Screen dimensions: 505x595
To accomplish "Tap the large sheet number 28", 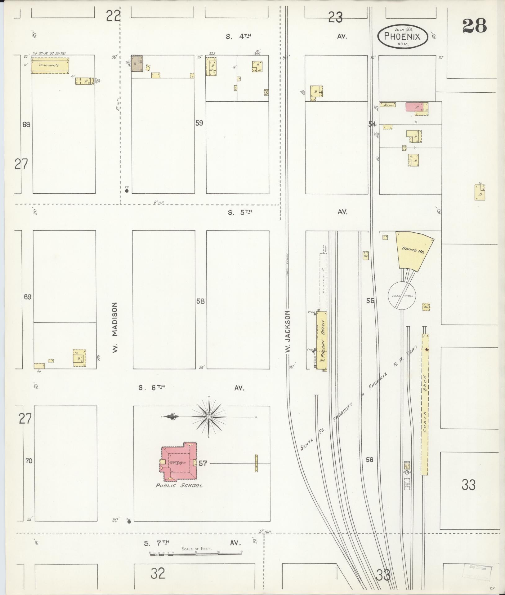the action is point(474,26).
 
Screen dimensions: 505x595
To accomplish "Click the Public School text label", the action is point(179,486).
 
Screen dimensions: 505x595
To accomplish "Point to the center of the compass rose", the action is point(209,417).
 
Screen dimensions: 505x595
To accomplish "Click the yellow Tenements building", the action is point(50,65).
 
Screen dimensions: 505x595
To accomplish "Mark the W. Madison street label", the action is point(115,328).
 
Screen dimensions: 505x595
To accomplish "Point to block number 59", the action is point(199,123).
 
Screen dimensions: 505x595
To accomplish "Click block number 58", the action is point(200,301).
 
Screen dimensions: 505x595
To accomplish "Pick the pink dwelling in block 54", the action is point(414,107).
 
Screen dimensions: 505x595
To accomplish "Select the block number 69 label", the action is point(28,297).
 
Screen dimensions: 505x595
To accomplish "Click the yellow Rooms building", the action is point(388,105).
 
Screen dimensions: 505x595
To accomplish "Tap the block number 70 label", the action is point(29,461).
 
